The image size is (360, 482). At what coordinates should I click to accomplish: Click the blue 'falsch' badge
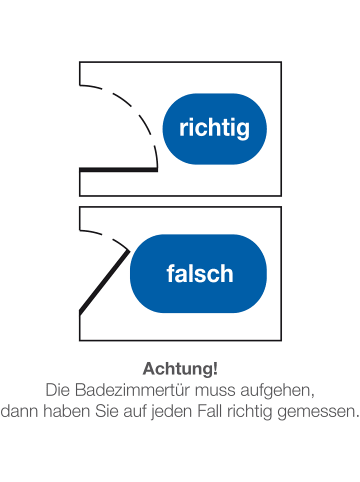pyautogui.click(x=199, y=273)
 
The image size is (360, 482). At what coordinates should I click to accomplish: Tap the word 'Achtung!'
pyautogui.click(x=180, y=368)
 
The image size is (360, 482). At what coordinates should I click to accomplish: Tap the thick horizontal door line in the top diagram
pyautogui.click(x=118, y=169)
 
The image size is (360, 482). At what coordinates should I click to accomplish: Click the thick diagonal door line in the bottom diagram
pyautogui.click(x=104, y=282)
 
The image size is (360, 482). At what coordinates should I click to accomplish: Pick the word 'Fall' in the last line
pyautogui.click(x=221, y=408)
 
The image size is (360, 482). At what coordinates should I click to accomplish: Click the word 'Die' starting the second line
pyautogui.click(x=59, y=388)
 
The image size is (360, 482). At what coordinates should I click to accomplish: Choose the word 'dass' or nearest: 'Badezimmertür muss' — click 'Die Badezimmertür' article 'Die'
pyautogui.click(x=59, y=388)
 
